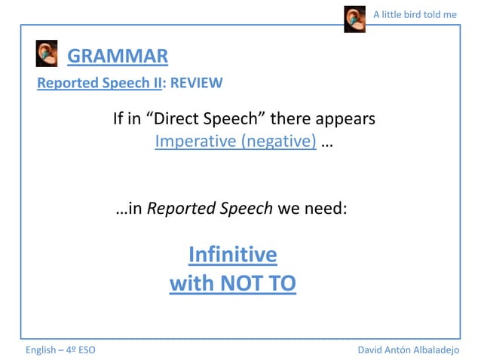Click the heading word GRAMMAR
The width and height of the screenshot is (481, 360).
click(118, 56)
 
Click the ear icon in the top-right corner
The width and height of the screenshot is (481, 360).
click(354, 19)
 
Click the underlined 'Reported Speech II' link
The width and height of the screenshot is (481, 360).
click(100, 83)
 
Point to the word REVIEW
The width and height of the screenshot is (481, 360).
click(196, 83)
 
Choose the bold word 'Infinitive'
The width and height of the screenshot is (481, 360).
click(232, 255)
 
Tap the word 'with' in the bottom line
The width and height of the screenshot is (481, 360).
click(192, 283)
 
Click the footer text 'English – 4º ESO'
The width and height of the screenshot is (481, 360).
click(60, 350)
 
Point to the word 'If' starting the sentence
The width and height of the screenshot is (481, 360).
click(118, 119)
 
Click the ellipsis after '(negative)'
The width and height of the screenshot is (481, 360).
click(326, 142)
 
